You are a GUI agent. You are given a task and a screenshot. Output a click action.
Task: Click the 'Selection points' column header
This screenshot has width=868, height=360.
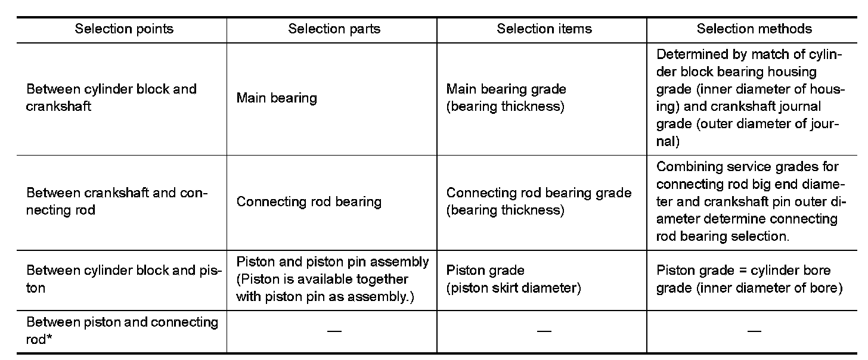[124, 29]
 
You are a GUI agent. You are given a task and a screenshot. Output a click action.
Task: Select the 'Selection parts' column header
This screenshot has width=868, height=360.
[334, 29]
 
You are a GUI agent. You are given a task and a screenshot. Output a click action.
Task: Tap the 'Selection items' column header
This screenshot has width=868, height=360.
[544, 29]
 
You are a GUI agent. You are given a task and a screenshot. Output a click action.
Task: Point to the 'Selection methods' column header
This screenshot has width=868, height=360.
[754, 29]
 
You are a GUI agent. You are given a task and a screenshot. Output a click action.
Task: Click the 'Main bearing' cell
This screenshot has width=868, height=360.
[277, 98]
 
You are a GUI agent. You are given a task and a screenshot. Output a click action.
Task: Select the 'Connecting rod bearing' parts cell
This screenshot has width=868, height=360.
[309, 201]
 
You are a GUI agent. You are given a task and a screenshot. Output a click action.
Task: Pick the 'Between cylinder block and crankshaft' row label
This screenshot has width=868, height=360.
[111, 98]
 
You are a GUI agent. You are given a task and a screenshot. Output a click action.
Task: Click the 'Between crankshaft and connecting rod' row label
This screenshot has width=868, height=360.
[116, 201]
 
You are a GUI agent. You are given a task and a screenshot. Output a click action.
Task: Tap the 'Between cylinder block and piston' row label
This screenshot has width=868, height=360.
[124, 279]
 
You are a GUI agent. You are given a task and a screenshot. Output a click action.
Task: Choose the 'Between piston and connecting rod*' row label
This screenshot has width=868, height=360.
[122, 330]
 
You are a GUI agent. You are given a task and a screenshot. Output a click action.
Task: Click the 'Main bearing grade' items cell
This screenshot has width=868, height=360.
[506, 98]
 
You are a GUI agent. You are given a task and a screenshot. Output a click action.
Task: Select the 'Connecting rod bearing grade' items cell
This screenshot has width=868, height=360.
[538, 201]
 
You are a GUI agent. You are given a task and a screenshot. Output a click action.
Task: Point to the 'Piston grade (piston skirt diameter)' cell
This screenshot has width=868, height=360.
[513, 279]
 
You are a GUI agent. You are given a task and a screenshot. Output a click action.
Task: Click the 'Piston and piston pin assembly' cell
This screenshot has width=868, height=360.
[333, 279]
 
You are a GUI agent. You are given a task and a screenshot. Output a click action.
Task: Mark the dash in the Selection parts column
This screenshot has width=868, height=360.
[334, 331]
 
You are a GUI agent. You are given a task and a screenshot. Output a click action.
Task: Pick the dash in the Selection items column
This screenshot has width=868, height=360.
[544, 331]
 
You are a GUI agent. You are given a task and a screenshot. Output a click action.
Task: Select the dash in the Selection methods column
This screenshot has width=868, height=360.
[754, 331]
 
